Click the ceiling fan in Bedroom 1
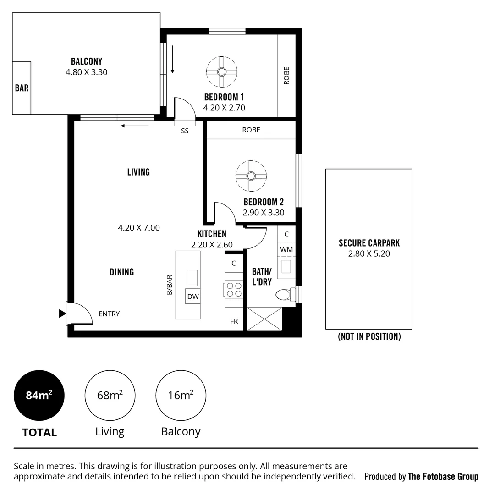point(222,72)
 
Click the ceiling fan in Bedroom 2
point(251,176)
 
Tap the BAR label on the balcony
point(22,88)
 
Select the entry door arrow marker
point(62,313)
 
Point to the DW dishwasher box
point(193,297)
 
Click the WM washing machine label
point(286,250)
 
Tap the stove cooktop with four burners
point(234,290)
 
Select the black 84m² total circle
point(39,396)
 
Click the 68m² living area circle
point(110,396)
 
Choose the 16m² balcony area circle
point(181,396)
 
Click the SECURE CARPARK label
point(369,243)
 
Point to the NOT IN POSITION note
point(369,336)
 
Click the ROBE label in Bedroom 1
point(287,76)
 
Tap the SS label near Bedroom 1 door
point(185,131)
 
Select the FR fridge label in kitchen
point(234,321)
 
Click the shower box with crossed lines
point(264,319)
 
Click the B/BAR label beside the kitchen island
point(170,284)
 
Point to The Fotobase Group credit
point(443,477)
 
